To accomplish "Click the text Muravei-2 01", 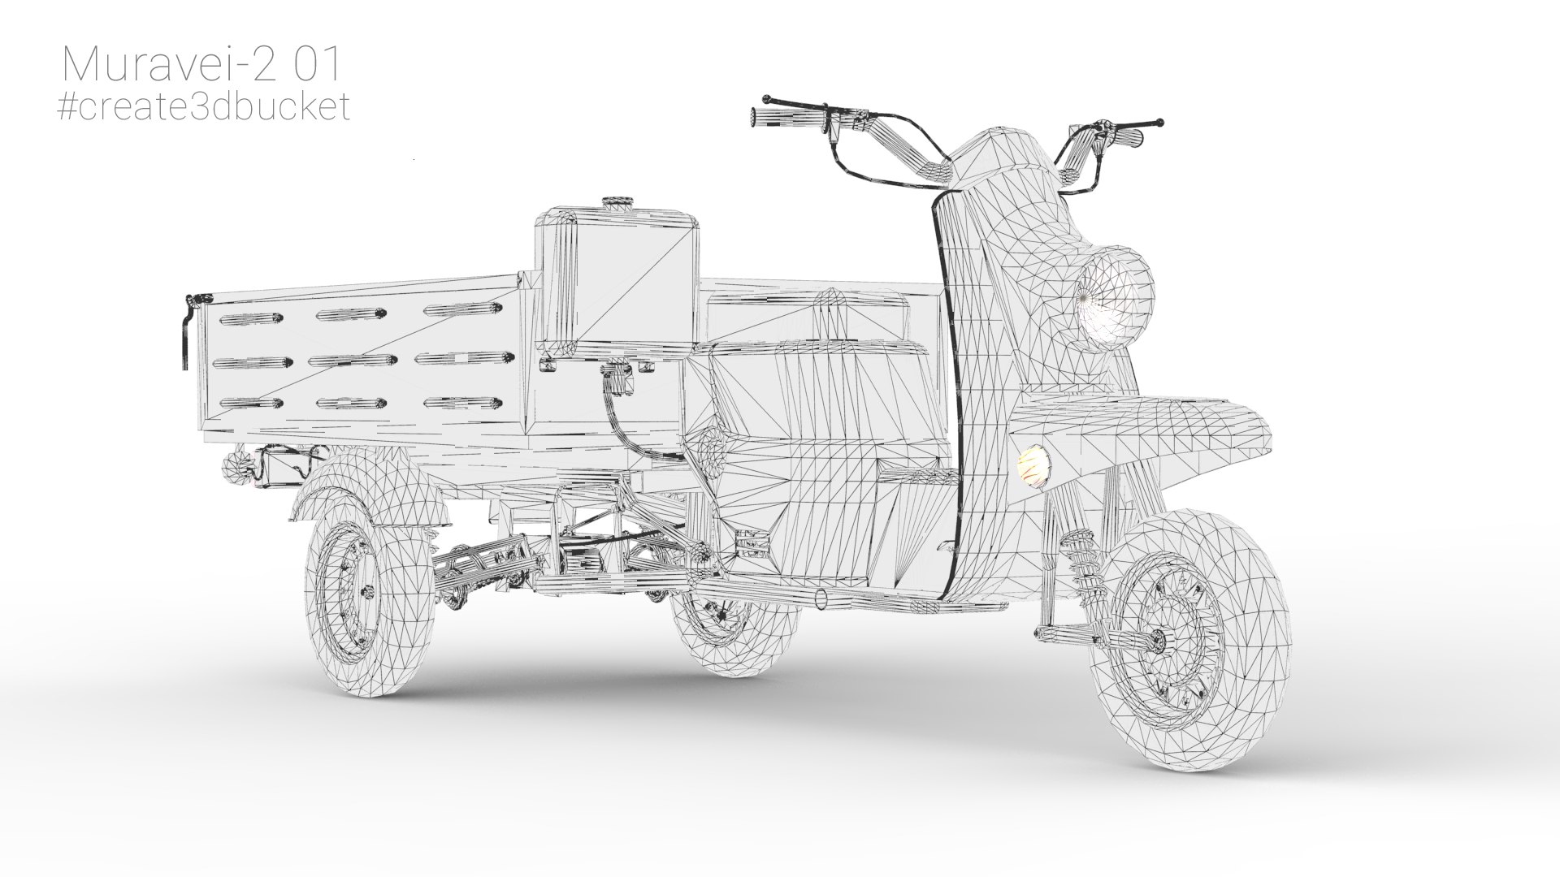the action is (201, 64).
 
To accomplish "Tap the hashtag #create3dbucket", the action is (205, 106).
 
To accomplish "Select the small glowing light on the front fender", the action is (1032, 468).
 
